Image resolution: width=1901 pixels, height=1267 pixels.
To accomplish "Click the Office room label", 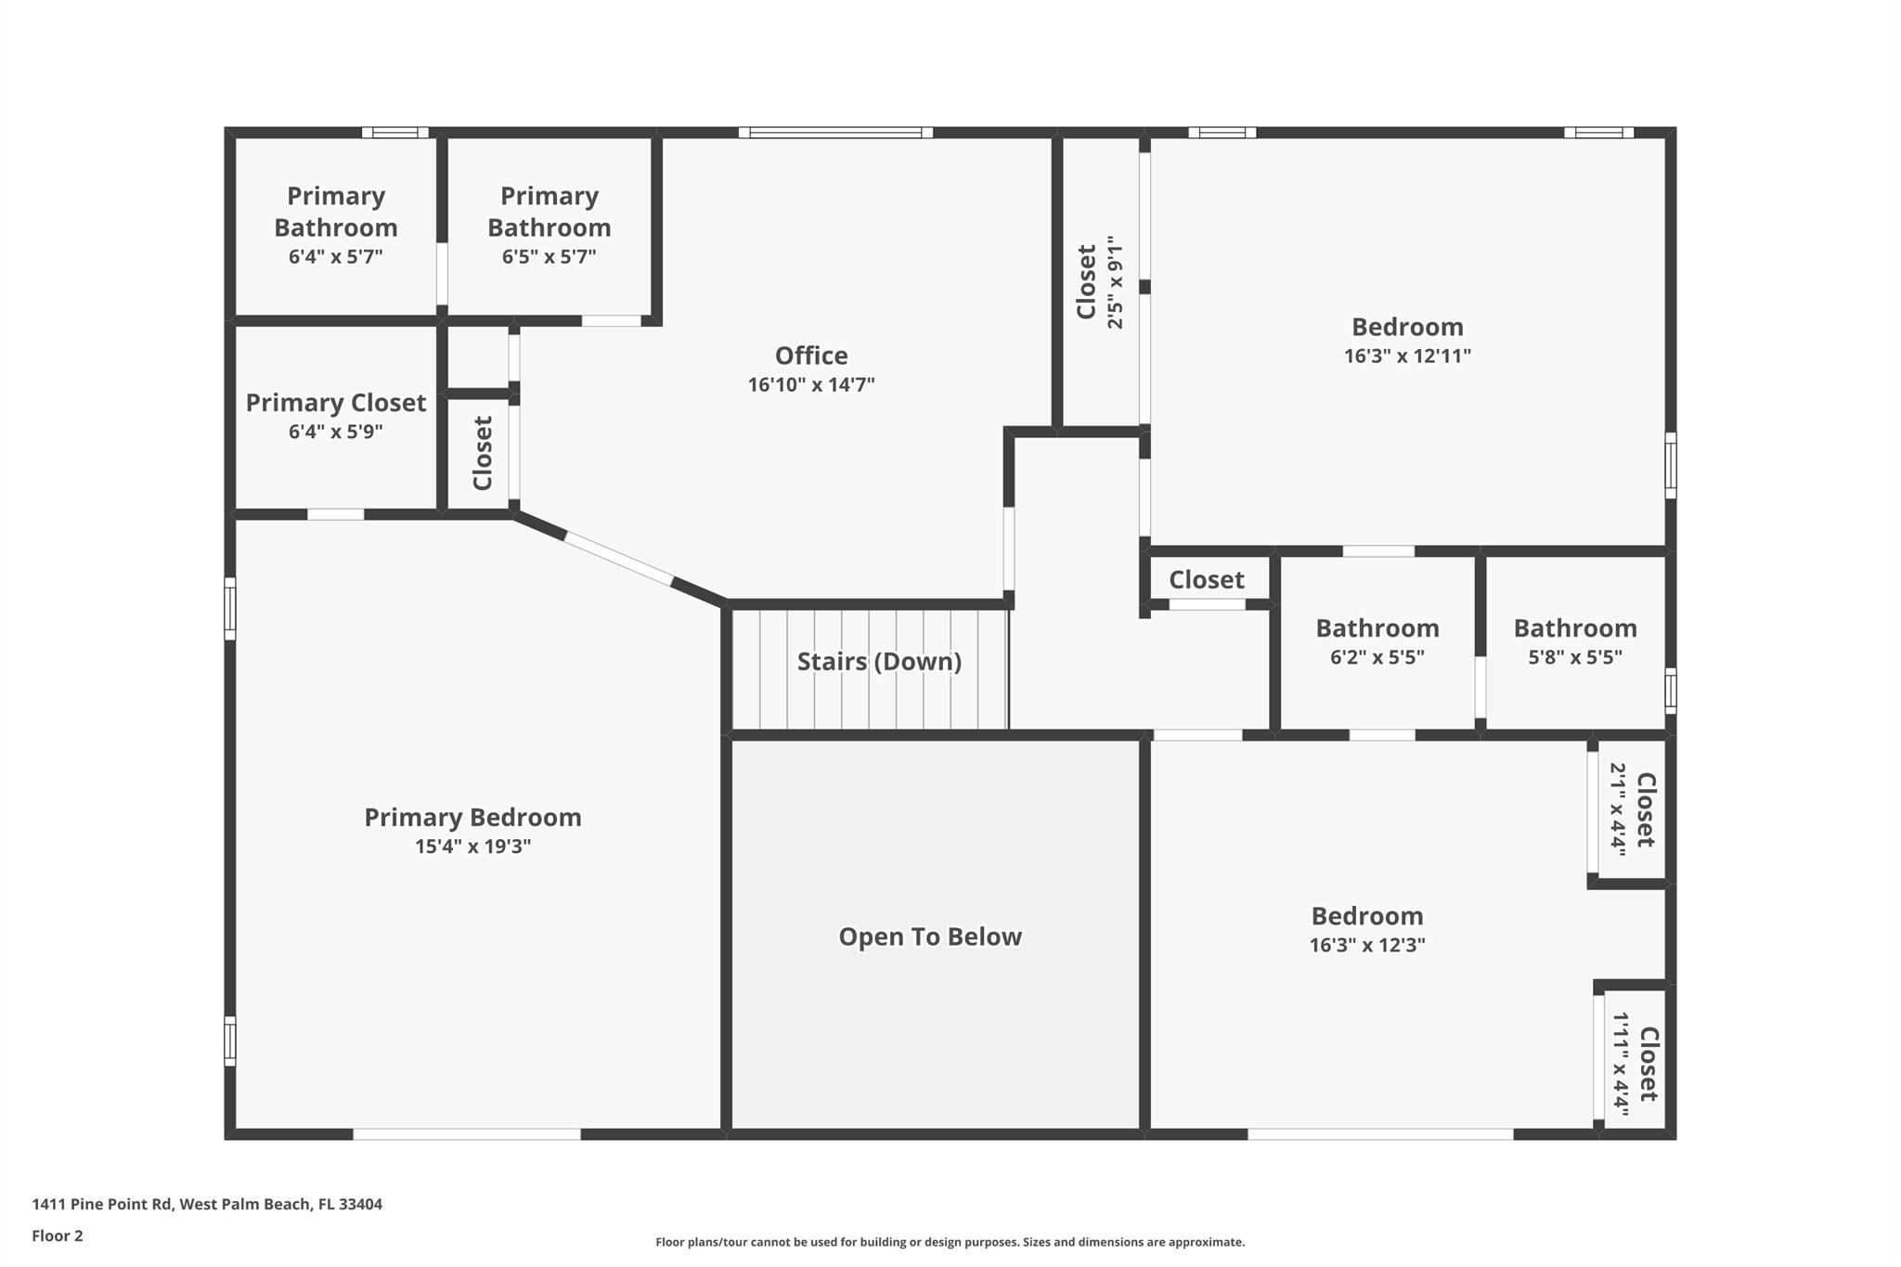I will pyautogui.click(x=811, y=356).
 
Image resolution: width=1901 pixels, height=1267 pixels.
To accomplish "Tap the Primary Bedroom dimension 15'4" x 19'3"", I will pyautogui.click(x=472, y=847).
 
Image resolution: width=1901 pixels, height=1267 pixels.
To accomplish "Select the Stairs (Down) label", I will pyautogui.click(x=879, y=662).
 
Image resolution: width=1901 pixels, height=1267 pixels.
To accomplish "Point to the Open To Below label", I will pyautogui.click(x=930, y=937).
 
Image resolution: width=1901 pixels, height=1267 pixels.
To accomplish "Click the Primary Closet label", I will pyautogui.click(x=335, y=403).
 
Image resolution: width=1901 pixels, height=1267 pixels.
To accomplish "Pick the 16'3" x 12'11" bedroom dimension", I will pyautogui.click(x=1407, y=356).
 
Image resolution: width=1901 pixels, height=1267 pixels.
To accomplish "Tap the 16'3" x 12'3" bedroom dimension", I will pyautogui.click(x=1367, y=945).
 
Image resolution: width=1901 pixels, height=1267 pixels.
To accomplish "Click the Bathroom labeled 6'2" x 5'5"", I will pyautogui.click(x=1377, y=628).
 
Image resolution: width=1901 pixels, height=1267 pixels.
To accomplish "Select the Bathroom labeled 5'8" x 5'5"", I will pyautogui.click(x=1575, y=628).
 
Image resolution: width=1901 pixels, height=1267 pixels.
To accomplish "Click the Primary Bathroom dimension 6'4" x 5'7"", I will pyautogui.click(x=335, y=256).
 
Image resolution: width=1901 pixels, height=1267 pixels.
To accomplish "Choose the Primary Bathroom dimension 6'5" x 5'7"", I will pyautogui.click(x=549, y=256).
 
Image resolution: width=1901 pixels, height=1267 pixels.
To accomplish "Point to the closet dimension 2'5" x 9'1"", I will pyautogui.click(x=1115, y=282).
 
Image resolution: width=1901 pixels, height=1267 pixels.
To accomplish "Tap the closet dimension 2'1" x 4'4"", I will pyautogui.click(x=1618, y=809).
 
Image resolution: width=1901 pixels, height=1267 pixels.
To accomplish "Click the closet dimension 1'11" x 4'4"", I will pyautogui.click(x=1621, y=1064).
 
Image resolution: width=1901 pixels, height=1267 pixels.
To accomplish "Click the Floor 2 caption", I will pyautogui.click(x=58, y=1235).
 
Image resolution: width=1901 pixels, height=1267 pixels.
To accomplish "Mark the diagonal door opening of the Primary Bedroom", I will pyautogui.click(x=618, y=559).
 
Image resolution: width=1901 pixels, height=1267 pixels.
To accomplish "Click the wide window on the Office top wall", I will pyautogui.click(x=835, y=133).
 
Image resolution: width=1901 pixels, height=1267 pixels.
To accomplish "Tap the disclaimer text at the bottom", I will pyautogui.click(x=950, y=1242).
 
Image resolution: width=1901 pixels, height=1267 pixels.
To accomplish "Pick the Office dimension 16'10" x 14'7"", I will pyautogui.click(x=811, y=384).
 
